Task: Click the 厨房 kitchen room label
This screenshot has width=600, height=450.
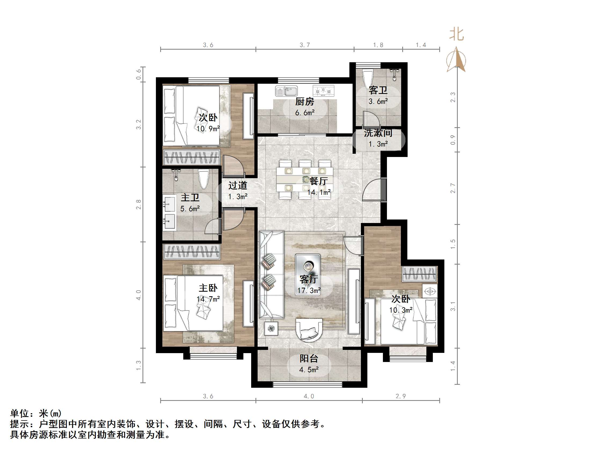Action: coord(304,102)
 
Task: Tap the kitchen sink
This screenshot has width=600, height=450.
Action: coord(286,91)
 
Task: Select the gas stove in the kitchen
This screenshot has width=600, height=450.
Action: coord(323,91)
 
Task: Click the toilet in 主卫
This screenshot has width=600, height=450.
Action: coord(203,179)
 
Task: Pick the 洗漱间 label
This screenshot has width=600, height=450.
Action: coord(378,133)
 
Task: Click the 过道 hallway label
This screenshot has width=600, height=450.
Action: coord(238,185)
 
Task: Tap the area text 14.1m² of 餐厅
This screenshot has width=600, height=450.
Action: coord(319,192)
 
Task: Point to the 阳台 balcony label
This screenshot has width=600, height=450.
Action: coord(309,358)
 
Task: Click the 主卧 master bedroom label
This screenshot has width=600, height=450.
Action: coord(208,288)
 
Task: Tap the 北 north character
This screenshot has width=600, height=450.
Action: coord(456,35)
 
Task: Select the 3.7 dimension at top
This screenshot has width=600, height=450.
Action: coord(305,45)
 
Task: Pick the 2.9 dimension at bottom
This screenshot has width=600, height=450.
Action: coord(401,396)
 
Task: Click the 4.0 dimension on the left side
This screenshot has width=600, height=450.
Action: coord(139,295)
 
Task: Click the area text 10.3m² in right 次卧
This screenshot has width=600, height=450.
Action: coord(401,310)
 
